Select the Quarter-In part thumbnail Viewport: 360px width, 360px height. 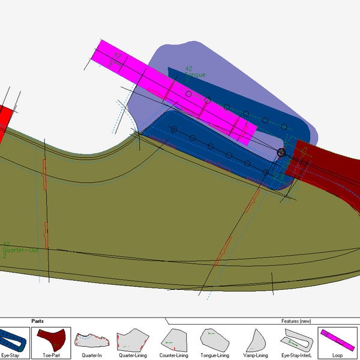92,339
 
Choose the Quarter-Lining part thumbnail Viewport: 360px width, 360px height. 133,339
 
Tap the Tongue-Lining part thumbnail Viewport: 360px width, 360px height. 214,339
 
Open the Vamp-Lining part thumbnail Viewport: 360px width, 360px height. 255,339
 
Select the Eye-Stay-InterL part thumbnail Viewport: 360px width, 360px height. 296,339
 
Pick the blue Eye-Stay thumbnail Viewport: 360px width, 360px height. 12,339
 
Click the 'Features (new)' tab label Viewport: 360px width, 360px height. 296,321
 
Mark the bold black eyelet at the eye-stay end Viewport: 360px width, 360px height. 281,152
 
